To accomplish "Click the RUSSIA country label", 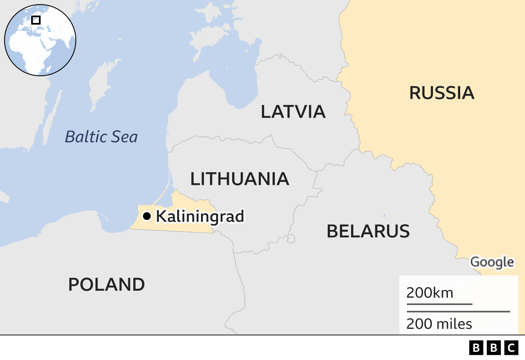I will (441, 93).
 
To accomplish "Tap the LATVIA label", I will (293, 112).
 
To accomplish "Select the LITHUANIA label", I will (240, 179).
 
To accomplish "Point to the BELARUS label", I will (368, 231).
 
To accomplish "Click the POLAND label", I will (106, 285).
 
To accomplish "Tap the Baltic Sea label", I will (101, 137).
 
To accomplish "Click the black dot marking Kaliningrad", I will (146, 216).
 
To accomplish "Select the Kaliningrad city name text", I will (200, 216).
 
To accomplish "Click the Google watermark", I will (492, 262).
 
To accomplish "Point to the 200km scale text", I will (429, 293).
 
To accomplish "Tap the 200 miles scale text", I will (439, 324).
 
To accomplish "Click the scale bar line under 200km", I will (439, 304).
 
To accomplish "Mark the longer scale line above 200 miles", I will (458, 312).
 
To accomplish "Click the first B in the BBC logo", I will (476, 348).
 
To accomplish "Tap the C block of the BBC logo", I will (511, 348).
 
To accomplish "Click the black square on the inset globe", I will (36, 20).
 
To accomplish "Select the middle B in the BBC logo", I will (494, 348).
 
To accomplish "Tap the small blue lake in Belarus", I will (384, 215).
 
